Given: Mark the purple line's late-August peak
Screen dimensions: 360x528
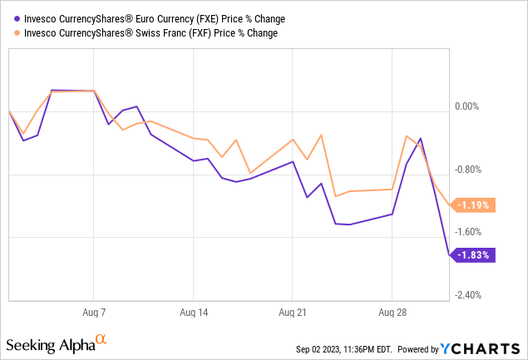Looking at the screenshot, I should (421, 139).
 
